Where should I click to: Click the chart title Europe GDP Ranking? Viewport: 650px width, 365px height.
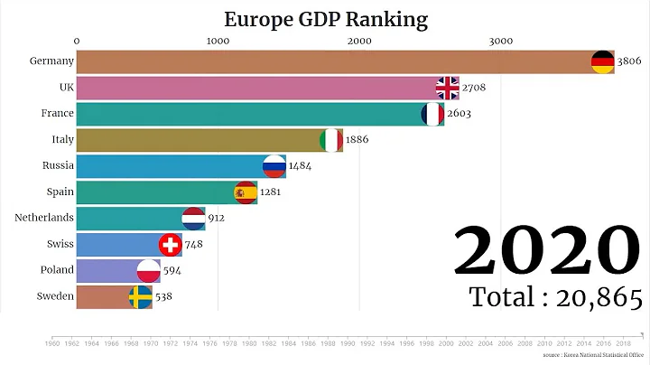pyautogui.click(x=326, y=17)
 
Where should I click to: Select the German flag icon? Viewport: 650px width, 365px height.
pyautogui.click(x=602, y=61)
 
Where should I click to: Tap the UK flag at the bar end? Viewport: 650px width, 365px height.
pyautogui.click(x=448, y=88)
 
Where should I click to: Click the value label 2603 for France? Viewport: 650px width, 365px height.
pyautogui.click(x=459, y=114)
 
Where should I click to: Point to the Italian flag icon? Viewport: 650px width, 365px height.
pyautogui.click(x=331, y=140)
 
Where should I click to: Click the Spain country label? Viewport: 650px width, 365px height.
pyautogui.click(x=53, y=192)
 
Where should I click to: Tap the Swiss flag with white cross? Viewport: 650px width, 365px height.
pyautogui.click(x=170, y=244)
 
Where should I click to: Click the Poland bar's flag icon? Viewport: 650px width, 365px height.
pyautogui.click(x=148, y=270)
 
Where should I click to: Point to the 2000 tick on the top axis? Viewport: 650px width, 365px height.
pyautogui.click(x=358, y=41)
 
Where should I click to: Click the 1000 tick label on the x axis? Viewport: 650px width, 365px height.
pyautogui.click(x=217, y=41)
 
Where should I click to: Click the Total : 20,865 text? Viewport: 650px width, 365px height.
pyautogui.click(x=555, y=297)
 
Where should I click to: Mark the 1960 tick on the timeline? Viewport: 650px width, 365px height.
pyautogui.click(x=52, y=343)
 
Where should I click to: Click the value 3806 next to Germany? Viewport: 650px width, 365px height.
pyautogui.click(x=630, y=61)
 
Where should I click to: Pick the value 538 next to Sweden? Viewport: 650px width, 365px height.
pyautogui.click(x=163, y=296)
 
